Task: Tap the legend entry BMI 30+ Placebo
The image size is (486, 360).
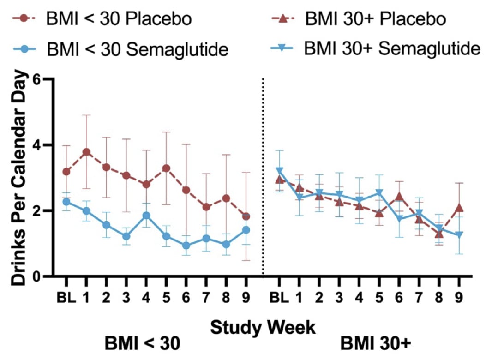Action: click(374, 20)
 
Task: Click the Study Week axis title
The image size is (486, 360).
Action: click(263, 327)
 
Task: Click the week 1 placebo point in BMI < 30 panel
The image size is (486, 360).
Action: click(86, 152)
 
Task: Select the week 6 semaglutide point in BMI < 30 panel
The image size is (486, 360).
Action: click(186, 246)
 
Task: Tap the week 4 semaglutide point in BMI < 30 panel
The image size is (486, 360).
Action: click(146, 216)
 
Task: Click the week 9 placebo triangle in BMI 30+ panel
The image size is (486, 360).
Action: click(459, 208)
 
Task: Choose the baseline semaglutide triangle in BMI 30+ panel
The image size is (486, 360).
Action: click(279, 171)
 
